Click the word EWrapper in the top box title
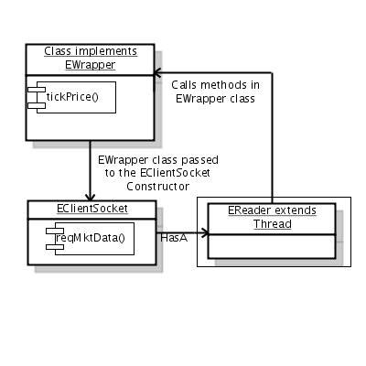click(91, 65)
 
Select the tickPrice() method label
click(72, 97)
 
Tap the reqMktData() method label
click(91, 238)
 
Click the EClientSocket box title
click(92, 209)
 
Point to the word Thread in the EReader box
click(273, 224)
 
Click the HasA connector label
click(174, 238)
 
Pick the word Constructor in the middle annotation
click(158, 187)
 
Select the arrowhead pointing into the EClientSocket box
click(90, 197)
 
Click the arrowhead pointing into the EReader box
click(205, 233)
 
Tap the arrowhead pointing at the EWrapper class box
click(157, 72)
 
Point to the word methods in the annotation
click(224, 85)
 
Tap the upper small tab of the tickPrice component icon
click(37, 90)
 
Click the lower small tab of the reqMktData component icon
click(55, 247)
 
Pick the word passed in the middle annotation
click(200, 160)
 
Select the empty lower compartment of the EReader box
click(272, 246)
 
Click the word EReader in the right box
click(250, 210)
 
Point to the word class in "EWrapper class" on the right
click(242, 99)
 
